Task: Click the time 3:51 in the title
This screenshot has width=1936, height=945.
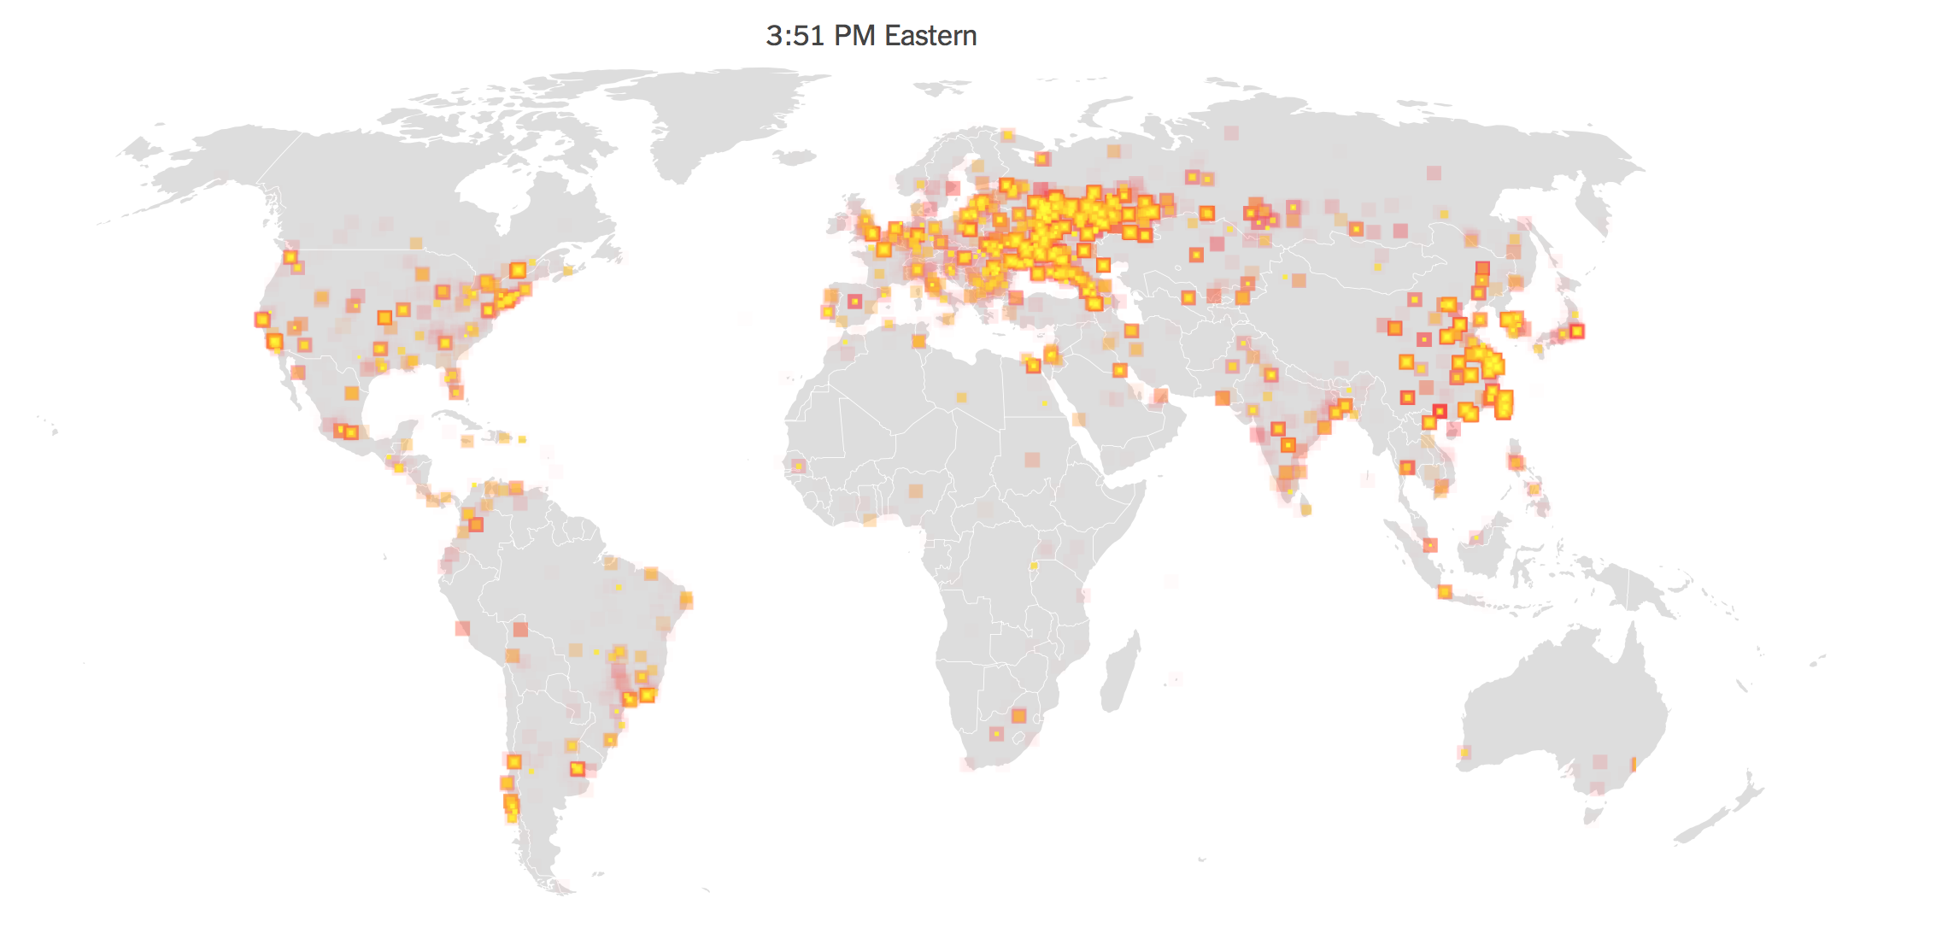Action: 795,36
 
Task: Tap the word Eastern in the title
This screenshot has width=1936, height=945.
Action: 930,36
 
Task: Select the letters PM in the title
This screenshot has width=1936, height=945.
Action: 854,36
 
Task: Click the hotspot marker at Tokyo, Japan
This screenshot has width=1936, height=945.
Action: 1577,332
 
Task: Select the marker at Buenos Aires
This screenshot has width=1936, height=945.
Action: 578,769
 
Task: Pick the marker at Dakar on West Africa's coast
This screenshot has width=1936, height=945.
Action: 798,467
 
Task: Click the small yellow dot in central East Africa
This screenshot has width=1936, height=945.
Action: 1033,566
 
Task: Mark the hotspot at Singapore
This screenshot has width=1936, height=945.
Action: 1430,545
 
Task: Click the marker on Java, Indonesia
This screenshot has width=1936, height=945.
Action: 1445,591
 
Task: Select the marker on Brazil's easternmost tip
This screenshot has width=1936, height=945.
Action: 686,600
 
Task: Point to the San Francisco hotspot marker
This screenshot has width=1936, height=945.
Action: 262,320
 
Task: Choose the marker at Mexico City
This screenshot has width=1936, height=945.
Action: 351,432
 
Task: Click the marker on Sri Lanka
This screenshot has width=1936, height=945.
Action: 1305,510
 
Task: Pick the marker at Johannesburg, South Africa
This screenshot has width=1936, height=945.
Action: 1018,716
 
